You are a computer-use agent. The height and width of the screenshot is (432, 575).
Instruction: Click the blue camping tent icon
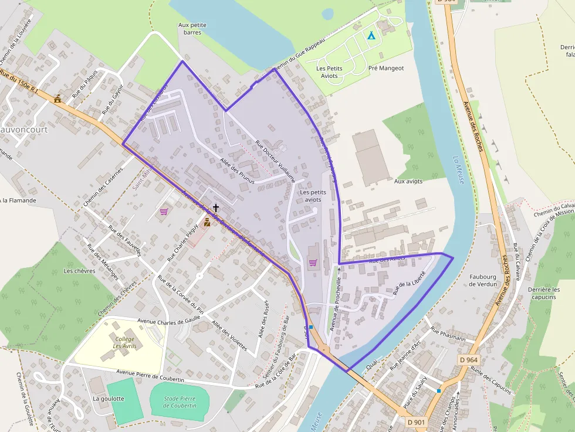click(371, 35)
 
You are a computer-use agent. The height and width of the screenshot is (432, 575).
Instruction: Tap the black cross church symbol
click(216, 208)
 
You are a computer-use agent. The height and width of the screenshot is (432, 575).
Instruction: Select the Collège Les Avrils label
click(124, 342)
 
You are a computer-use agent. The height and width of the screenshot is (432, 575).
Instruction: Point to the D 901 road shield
click(416, 421)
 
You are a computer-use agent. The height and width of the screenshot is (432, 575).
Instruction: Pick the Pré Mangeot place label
click(385, 68)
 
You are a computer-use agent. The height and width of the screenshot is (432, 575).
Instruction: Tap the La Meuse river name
click(458, 169)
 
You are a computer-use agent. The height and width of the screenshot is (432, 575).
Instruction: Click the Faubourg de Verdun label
click(483, 280)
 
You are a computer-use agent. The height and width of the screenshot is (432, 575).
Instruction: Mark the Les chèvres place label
click(79, 271)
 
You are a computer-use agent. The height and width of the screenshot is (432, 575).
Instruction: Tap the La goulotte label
click(109, 399)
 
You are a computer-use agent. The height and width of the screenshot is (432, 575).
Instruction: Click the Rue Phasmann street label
click(448, 335)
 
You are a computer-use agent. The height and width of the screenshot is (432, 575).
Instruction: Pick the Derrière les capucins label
click(543, 293)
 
